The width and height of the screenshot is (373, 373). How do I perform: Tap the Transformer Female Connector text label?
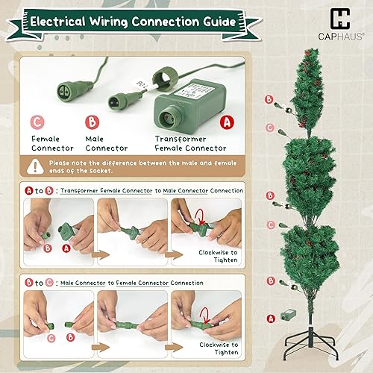(191, 142)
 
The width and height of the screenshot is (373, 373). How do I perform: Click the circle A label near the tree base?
(270, 319)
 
